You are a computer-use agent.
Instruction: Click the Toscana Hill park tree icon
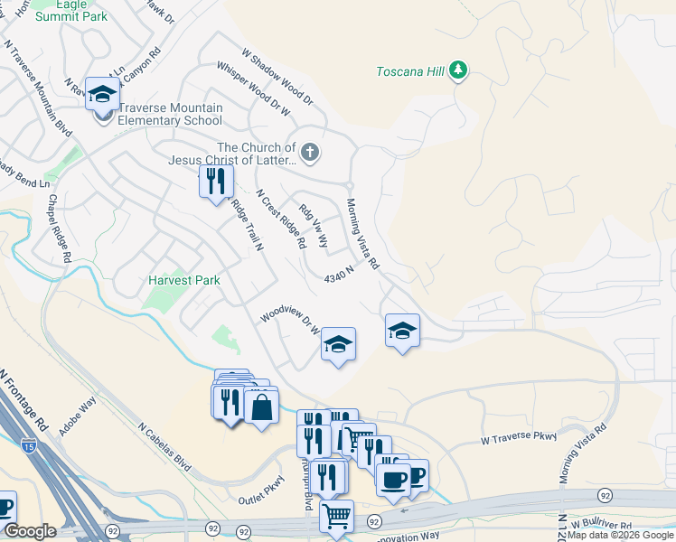459,71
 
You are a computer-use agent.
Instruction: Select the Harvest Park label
184,281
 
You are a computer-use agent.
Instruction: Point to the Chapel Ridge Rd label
60,229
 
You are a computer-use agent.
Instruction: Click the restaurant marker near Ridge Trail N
216,182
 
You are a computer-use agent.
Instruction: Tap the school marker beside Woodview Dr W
338,344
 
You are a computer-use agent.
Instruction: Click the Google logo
30,531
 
